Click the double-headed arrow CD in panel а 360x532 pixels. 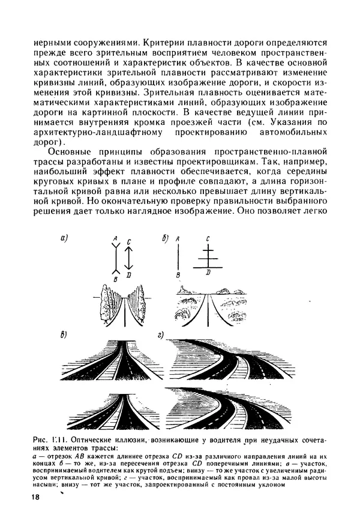[130, 258]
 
